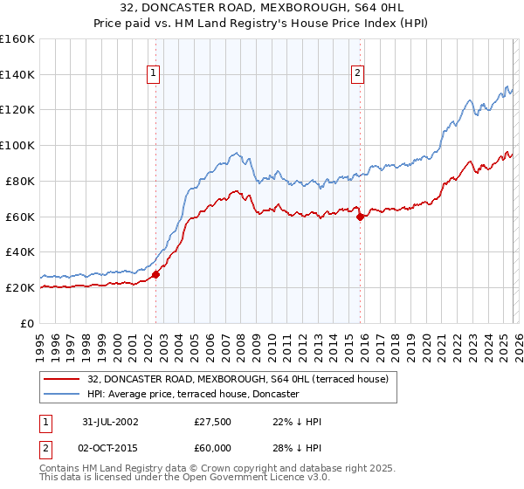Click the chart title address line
pos(262,8)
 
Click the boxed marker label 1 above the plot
pos(154,74)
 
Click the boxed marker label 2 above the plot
pos(358,74)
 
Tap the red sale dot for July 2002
pos(156,274)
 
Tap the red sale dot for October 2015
pos(360,217)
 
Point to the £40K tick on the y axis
pos(19,251)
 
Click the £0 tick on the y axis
pos(28,323)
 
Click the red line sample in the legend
pos(63,379)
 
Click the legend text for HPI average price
pos(193,395)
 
